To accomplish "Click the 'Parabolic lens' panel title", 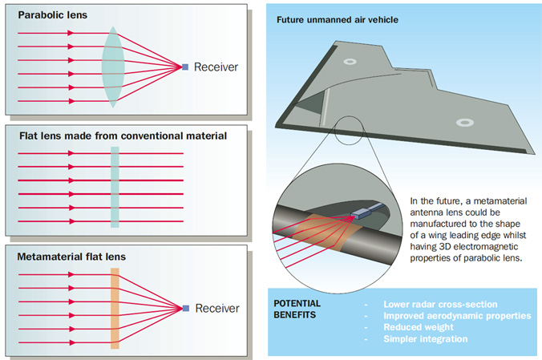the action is coord(53,15).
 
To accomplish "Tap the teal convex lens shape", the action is coord(113,67).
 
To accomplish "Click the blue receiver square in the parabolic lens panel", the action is coord(185,67).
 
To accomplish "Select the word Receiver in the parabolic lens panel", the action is coord(216,67).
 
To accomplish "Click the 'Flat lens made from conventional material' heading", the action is coord(123,136).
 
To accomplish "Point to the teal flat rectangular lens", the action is coord(115,187).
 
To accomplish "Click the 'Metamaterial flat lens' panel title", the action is coord(71,257).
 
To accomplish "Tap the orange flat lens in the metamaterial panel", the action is coord(115,309).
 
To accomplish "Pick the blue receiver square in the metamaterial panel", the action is coord(186,308).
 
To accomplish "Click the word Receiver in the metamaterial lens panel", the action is coord(217,308).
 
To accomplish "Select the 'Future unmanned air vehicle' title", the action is coord(338,20).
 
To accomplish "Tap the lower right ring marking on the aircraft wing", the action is coord(465,123).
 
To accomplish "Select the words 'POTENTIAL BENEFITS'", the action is coord(297,309).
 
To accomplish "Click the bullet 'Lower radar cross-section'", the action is coord(440,305).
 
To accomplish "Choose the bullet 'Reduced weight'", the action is coord(419,327).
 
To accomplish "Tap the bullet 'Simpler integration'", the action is coord(426,339).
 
